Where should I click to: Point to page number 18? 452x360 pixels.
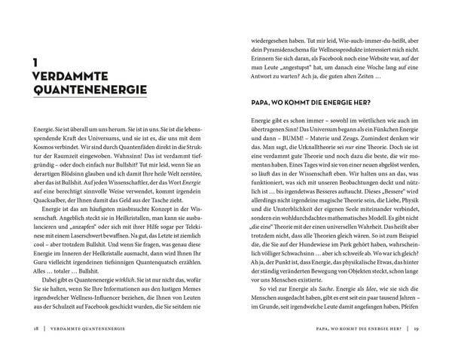27,331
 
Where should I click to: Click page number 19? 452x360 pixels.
425,331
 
